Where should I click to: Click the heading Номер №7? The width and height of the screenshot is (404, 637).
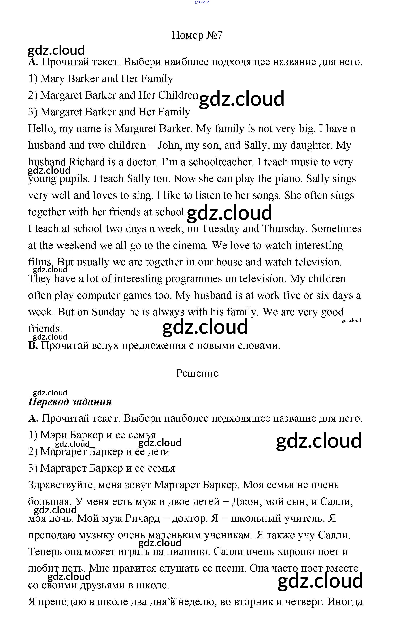point(197,35)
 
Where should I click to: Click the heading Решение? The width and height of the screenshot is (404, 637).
point(197,373)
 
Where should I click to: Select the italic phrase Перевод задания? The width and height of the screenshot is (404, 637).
point(70,402)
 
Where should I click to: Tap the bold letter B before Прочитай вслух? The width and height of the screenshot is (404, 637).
point(33,346)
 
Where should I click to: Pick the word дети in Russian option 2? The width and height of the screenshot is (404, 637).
point(158,452)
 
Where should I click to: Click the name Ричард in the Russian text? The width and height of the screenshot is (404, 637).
point(142,518)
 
